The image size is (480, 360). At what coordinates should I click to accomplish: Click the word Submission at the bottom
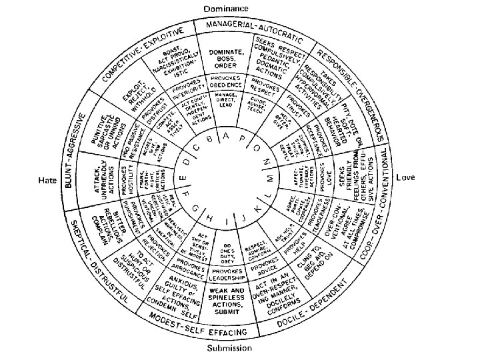click(x=229, y=347)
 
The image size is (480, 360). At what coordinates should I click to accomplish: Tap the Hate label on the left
click(x=47, y=180)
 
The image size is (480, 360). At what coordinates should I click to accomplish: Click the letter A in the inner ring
click(x=227, y=139)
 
